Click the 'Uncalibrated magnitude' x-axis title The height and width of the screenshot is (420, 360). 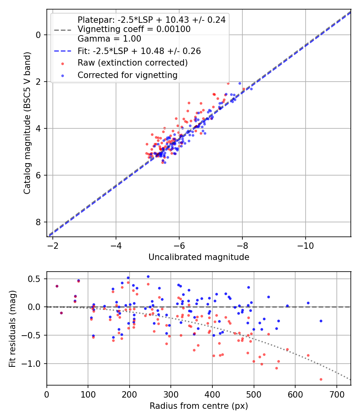199,257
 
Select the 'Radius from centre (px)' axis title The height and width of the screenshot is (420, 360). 199,406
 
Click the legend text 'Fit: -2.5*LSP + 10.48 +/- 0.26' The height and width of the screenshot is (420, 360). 139,51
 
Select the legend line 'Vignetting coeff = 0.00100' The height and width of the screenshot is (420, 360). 134,29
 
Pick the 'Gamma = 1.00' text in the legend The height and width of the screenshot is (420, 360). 109,39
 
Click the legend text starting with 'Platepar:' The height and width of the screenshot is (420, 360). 151,20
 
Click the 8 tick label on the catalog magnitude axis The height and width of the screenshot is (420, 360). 39,222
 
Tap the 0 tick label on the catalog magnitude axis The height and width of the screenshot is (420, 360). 39,35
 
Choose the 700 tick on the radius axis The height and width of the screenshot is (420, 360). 336,394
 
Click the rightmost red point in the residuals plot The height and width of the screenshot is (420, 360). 321,379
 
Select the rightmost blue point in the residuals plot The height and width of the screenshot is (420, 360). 321,321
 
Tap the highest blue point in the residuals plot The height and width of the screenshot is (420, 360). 148,276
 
